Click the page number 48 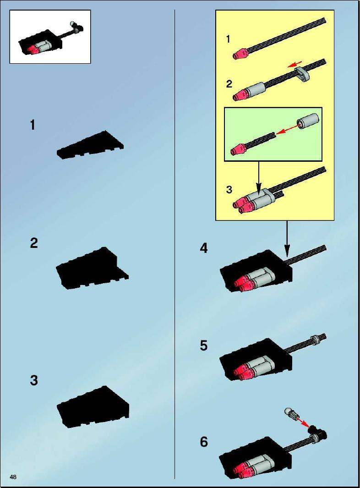[13, 477]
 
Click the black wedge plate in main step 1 [90, 146]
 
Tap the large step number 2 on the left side [34, 243]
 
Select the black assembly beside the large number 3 [93, 406]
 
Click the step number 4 [203, 248]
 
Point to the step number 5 [203, 345]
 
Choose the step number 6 [203, 442]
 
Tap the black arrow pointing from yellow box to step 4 [287, 238]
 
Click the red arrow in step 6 [303, 422]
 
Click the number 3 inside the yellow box [229, 189]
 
